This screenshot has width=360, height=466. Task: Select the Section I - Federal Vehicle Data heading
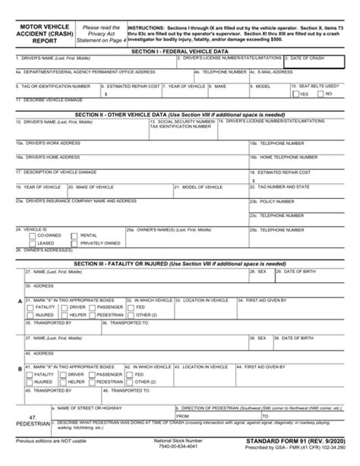[180, 50]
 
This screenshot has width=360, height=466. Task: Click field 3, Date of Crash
[319, 61]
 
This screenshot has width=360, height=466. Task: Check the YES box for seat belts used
[295, 93]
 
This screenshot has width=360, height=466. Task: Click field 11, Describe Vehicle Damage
[180, 105]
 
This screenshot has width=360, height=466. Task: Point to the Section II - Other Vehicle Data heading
[180, 115]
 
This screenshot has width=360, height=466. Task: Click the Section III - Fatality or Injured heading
[180, 263]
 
